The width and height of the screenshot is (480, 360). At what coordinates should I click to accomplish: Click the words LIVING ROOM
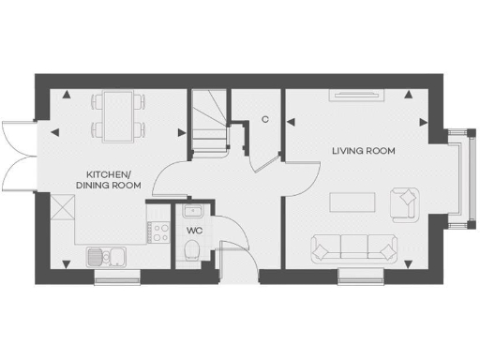click(x=364, y=150)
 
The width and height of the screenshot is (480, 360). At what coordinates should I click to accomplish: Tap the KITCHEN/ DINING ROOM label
click(x=113, y=180)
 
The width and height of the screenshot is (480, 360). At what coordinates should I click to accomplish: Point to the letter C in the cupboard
click(x=265, y=119)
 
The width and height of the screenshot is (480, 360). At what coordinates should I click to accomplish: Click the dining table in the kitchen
click(x=115, y=113)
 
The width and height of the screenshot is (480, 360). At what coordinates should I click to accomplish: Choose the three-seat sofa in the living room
click(x=353, y=247)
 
